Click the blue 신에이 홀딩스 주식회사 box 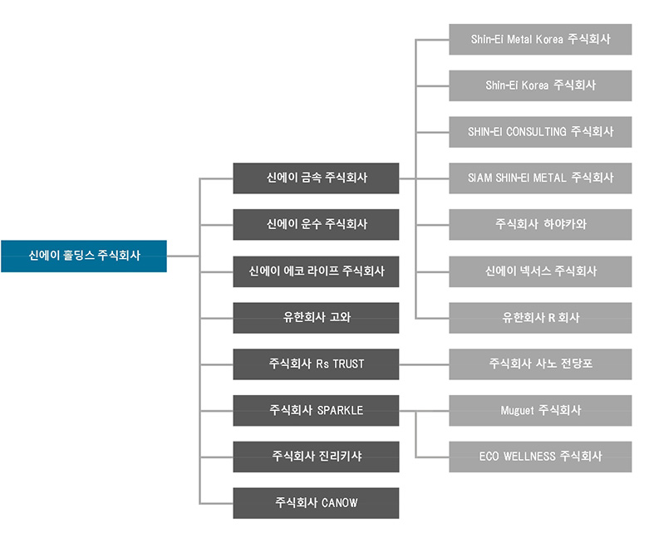tap(84, 256)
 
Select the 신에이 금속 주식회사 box tap(316, 178)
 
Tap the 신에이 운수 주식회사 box tap(316, 224)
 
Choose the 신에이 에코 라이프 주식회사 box tap(316, 271)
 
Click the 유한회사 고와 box tap(316, 317)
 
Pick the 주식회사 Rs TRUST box tap(316, 364)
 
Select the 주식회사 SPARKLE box tap(316, 410)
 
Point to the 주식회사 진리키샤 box tap(316, 457)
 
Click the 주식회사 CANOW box tap(316, 503)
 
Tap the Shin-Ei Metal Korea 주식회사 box tap(540, 39)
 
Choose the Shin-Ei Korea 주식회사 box tap(540, 85)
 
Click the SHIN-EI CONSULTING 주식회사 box tap(540, 132)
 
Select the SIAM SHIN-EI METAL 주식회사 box tap(540, 178)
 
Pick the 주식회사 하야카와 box tap(540, 224)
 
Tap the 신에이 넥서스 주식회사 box tap(540, 271)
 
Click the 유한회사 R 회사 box tap(540, 317)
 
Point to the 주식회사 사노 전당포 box tap(540, 364)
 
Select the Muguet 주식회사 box tap(540, 410)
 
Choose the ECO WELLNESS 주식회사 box tap(540, 457)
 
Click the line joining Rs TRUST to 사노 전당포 tap(424, 364)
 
